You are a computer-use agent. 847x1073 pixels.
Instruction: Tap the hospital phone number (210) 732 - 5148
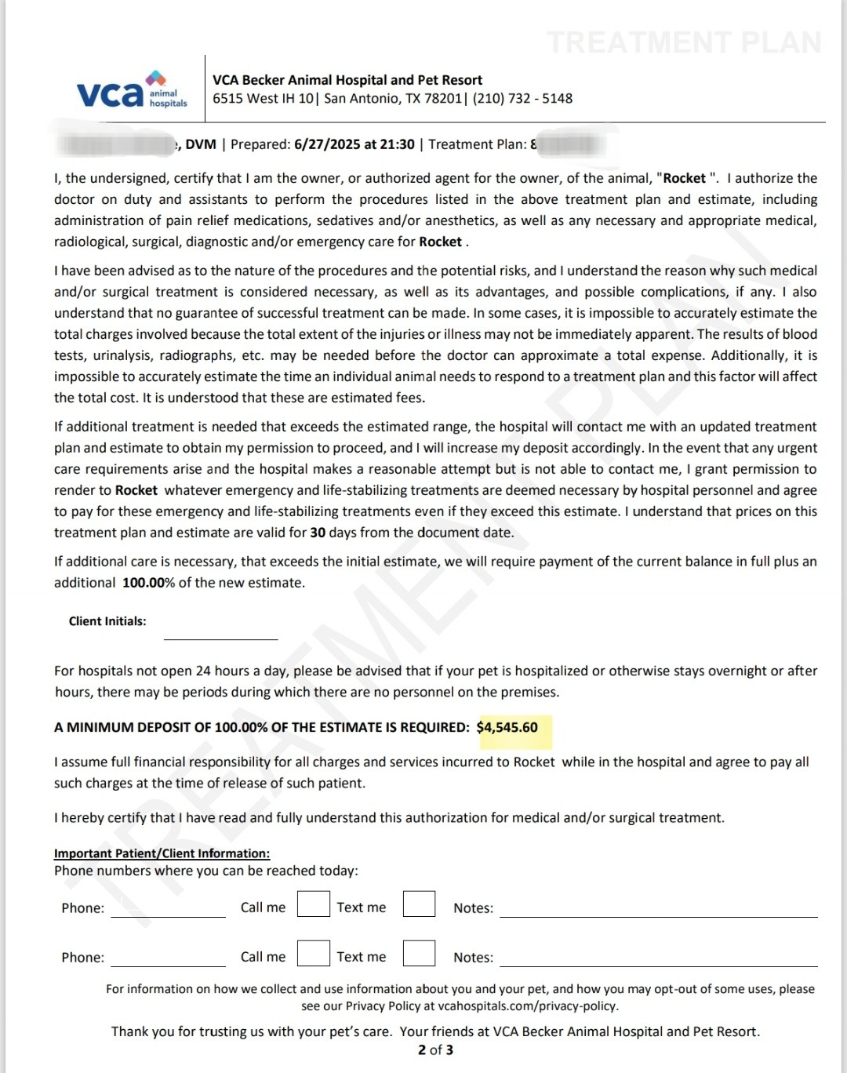click(522, 99)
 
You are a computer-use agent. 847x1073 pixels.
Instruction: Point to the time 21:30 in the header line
click(398, 144)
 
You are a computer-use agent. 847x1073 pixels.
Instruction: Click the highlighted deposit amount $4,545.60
click(507, 728)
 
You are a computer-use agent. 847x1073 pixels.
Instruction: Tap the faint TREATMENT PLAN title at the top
click(684, 42)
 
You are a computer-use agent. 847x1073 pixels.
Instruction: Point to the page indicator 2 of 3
click(435, 1050)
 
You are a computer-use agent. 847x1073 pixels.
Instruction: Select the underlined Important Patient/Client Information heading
click(162, 853)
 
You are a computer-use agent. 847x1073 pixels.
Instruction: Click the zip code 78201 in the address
click(444, 99)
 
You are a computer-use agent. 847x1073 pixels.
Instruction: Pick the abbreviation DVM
click(201, 144)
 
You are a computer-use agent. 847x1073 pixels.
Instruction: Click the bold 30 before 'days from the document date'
click(318, 533)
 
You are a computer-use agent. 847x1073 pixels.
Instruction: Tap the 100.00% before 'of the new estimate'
click(148, 583)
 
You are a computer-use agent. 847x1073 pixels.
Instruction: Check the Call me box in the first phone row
click(313, 904)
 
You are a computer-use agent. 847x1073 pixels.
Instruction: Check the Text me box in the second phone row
click(419, 954)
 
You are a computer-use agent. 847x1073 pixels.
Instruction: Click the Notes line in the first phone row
click(658, 910)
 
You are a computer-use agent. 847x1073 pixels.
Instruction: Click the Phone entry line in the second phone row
click(168, 959)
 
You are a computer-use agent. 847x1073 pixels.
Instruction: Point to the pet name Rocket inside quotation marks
click(685, 178)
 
